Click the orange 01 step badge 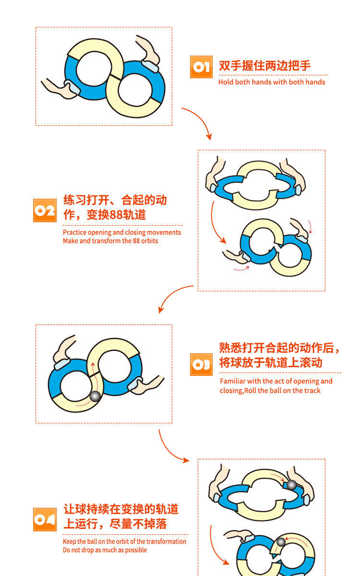tap(201, 67)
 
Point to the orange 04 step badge tap(45, 519)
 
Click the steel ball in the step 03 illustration tap(95, 396)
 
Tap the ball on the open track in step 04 tap(291, 485)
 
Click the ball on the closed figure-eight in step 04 tap(281, 542)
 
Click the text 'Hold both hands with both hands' tap(272, 82)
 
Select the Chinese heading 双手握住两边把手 tap(265, 66)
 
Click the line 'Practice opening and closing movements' tap(122, 232)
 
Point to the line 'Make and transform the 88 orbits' tap(110, 241)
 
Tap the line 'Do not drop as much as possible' tap(105, 550)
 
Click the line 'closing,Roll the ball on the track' tap(270, 391)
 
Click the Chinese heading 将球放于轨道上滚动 tap(271, 362)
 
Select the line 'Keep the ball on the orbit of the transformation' tap(124, 541)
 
